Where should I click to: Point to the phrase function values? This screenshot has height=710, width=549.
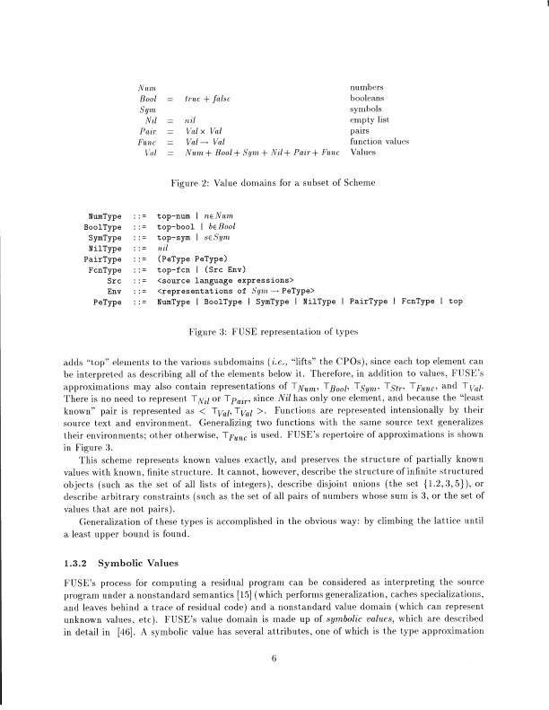379,142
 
